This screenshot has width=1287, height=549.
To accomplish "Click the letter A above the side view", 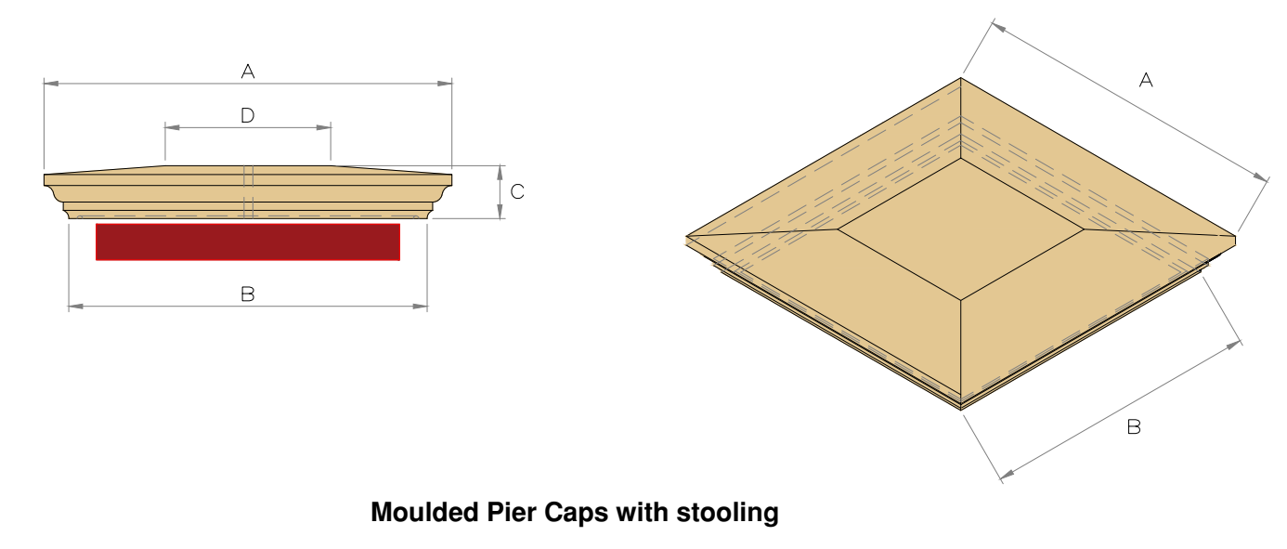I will (x=248, y=71).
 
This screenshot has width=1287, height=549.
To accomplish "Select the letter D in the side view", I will (x=248, y=115).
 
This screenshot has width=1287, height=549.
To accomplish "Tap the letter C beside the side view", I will (x=518, y=192).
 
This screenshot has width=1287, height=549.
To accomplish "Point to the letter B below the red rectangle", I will (x=248, y=294).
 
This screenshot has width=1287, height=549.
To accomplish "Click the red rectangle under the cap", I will (x=248, y=242).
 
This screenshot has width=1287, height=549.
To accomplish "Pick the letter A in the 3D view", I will (x=1146, y=81).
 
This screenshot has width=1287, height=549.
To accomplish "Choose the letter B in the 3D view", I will (x=1134, y=427).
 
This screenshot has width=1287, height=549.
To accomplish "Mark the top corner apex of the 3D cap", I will (x=961, y=78).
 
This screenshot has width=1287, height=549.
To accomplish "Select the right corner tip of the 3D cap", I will (x=1236, y=237).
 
